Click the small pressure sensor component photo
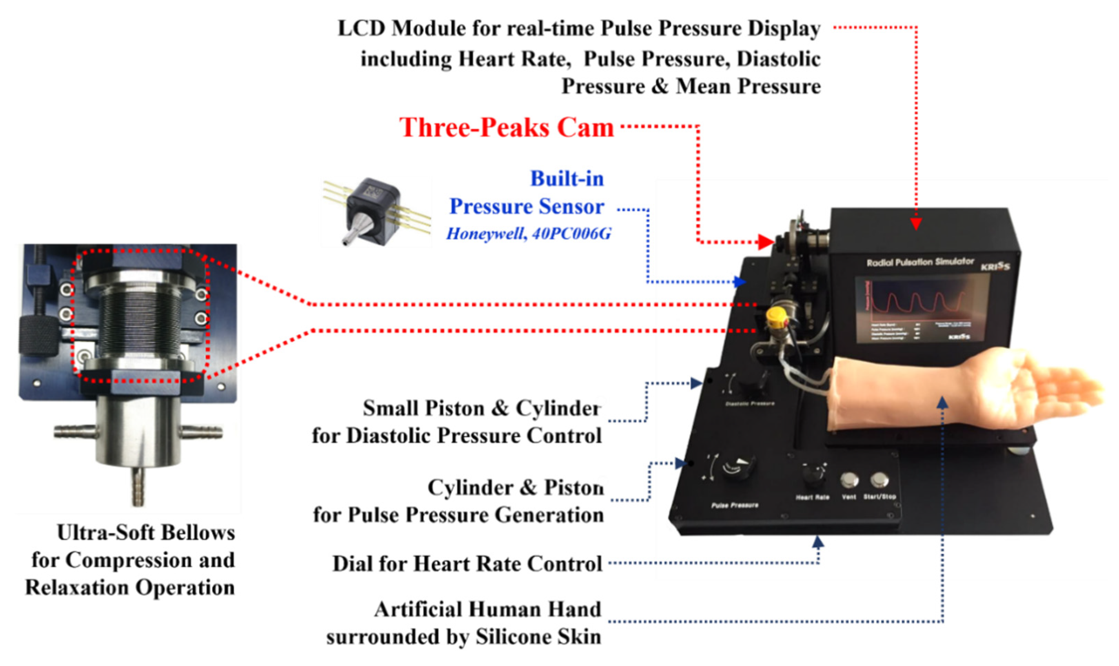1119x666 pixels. [x=376, y=211]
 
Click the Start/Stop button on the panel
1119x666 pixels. [x=879, y=480]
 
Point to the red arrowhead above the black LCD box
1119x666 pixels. [x=916, y=223]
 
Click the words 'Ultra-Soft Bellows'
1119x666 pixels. [x=146, y=533]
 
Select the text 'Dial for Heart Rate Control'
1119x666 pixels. [x=467, y=564]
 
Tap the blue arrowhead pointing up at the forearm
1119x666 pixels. [x=943, y=402]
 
